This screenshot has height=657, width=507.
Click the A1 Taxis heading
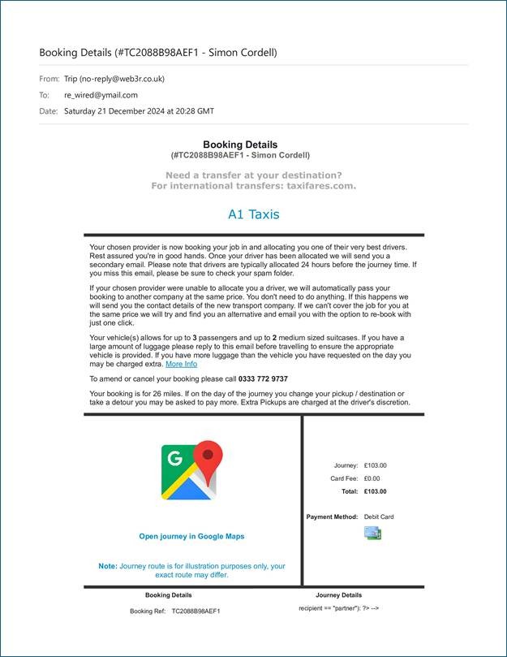pos(253,214)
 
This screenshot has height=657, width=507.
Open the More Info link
pos(181,364)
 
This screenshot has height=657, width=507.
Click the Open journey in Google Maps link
pos(191,536)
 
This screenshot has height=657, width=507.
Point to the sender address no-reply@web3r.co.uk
pos(123,79)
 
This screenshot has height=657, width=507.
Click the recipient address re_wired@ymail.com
pos(101,95)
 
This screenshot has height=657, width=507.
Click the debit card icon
pos(372,533)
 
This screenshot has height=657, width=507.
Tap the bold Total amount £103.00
pos(376,491)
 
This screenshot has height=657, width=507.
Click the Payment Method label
pos(332,517)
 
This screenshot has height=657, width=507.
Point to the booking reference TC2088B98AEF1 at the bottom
pos(195,611)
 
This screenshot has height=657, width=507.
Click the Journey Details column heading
pos(338,595)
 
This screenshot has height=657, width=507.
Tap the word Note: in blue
pos(108,566)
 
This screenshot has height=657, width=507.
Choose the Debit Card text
pos(379,517)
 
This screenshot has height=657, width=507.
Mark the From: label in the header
pos(49,79)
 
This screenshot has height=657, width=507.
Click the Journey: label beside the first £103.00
pos(346,465)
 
